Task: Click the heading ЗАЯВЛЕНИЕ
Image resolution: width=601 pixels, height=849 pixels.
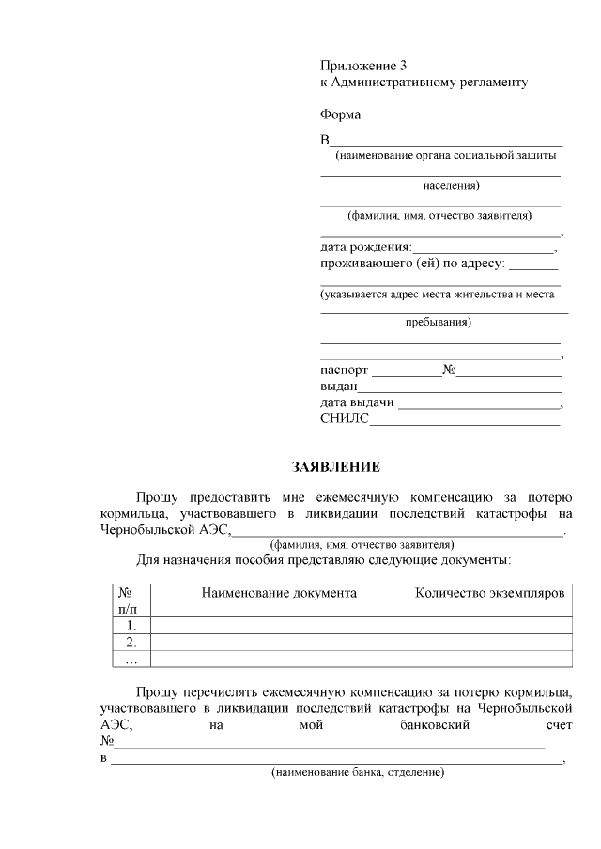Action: click(x=336, y=466)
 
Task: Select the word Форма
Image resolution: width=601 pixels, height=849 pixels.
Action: click(x=341, y=114)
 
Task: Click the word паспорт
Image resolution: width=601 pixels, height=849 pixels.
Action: click(x=345, y=371)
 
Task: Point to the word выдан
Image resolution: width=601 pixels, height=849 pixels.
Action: click(x=338, y=387)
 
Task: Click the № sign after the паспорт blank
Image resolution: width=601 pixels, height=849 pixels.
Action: click(x=449, y=371)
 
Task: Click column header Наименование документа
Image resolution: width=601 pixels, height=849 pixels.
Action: click(x=279, y=594)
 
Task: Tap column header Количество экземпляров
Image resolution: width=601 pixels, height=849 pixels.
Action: click(x=489, y=594)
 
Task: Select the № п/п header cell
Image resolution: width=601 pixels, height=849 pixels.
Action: click(x=126, y=600)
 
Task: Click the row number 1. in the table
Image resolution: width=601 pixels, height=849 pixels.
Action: click(x=131, y=625)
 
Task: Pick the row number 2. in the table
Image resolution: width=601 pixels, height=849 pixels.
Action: click(x=131, y=642)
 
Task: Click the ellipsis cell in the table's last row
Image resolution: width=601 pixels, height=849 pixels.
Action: click(x=131, y=659)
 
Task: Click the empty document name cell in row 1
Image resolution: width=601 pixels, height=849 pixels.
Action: click(x=279, y=625)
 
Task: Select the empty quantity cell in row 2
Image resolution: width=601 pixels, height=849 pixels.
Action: click(x=489, y=642)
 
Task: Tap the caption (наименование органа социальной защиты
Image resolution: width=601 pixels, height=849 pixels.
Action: click(x=440, y=156)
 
